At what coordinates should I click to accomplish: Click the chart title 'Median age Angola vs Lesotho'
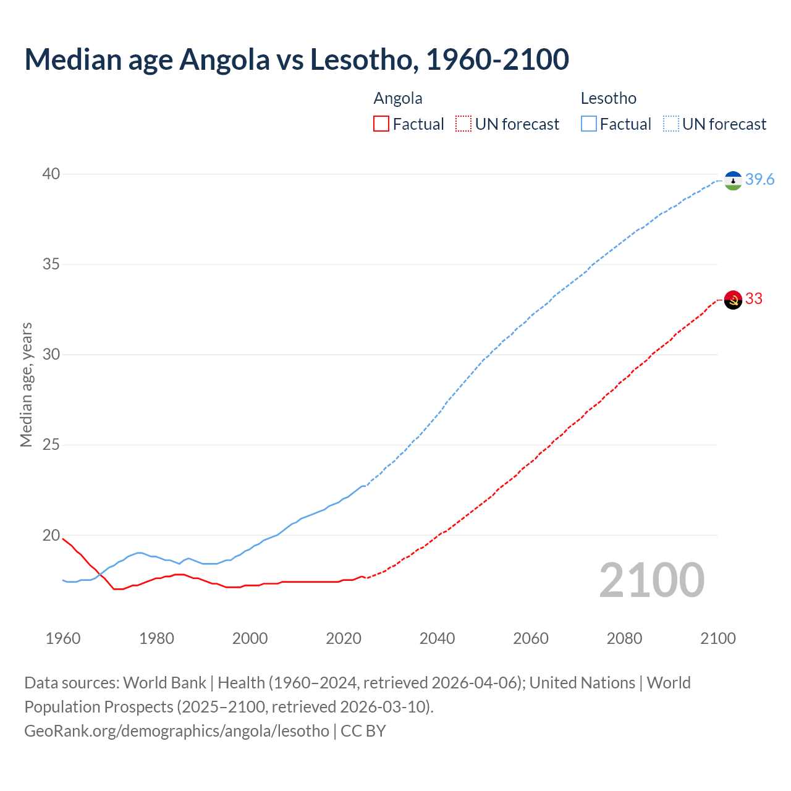(x=297, y=59)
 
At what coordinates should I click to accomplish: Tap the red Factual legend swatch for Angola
(x=381, y=124)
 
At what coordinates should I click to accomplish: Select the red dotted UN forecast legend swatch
(x=463, y=124)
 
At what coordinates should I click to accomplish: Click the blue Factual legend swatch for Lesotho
(x=588, y=124)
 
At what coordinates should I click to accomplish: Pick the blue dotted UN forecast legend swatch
(x=670, y=124)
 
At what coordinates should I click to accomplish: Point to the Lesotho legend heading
(x=608, y=98)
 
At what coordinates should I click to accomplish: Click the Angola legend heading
(x=398, y=98)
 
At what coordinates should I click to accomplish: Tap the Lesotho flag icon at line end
(x=733, y=180)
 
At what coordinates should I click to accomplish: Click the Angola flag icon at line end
(x=733, y=300)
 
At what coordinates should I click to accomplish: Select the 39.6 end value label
(x=759, y=179)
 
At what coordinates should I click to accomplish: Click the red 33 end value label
(x=754, y=298)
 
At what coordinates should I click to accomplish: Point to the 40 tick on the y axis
(x=51, y=174)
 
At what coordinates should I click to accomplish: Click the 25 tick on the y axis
(x=51, y=444)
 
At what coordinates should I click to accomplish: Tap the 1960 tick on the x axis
(x=63, y=638)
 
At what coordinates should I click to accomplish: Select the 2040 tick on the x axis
(x=437, y=638)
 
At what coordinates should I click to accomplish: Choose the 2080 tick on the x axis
(x=624, y=638)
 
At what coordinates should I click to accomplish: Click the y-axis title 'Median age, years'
(x=26, y=384)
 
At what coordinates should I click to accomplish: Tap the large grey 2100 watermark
(x=651, y=580)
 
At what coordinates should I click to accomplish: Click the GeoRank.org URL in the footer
(x=177, y=730)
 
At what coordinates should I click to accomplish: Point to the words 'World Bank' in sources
(x=164, y=683)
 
